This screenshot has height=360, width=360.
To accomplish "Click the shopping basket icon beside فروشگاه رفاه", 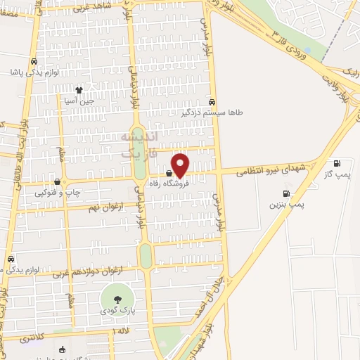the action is [169, 174].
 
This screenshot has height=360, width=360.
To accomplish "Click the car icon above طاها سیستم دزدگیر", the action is [212, 101].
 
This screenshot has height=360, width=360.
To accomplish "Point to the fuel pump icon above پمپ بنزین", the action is [286, 193].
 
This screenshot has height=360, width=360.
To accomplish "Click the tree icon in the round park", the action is [116, 300].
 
